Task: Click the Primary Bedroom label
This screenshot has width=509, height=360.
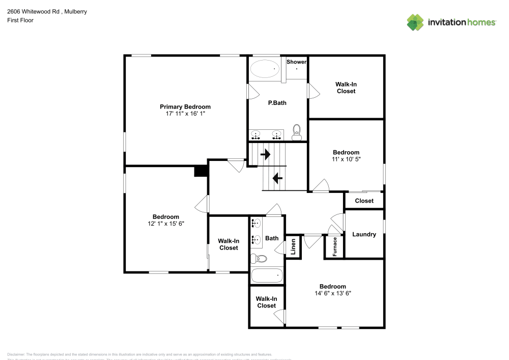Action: coord(185,106)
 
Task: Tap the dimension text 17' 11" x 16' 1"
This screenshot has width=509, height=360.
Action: coord(185,114)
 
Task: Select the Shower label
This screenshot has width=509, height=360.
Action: coord(296,62)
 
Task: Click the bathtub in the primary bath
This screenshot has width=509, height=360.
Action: coord(265,68)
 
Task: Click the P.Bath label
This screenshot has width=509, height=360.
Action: coord(277,103)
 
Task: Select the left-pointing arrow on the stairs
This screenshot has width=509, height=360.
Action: coord(277,178)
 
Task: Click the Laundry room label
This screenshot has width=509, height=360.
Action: coord(364,234)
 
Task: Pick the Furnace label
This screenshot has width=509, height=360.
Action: coord(334,246)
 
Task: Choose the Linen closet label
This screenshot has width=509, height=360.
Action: coord(293,247)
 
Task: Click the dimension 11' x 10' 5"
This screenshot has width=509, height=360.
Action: coord(346,159)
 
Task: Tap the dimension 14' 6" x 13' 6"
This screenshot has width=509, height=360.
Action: coord(332,293)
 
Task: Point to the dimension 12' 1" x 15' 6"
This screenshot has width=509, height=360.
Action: coord(165,224)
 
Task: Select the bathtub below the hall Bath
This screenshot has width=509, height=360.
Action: coord(267,276)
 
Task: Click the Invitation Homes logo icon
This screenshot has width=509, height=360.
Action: coord(415,22)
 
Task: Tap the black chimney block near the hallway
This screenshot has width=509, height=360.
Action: coord(201,171)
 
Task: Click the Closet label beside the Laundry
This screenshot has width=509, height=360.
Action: coord(364,201)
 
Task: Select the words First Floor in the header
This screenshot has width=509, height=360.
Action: coord(20,20)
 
